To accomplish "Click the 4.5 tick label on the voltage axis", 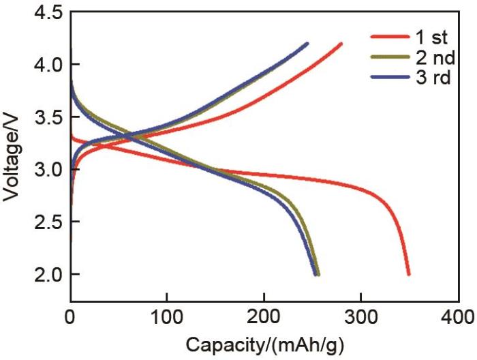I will [47, 13].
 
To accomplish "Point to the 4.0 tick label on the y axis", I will [47, 65].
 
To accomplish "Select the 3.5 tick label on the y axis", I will [47, 118].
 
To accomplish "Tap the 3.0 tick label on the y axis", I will [47, 170].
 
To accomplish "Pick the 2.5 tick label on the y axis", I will [47, 222].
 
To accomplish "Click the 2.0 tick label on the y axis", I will [47, 274].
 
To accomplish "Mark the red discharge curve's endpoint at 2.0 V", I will [409, 273].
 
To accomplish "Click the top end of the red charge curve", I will [341, 44].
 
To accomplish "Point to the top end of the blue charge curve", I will [307, 44].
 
